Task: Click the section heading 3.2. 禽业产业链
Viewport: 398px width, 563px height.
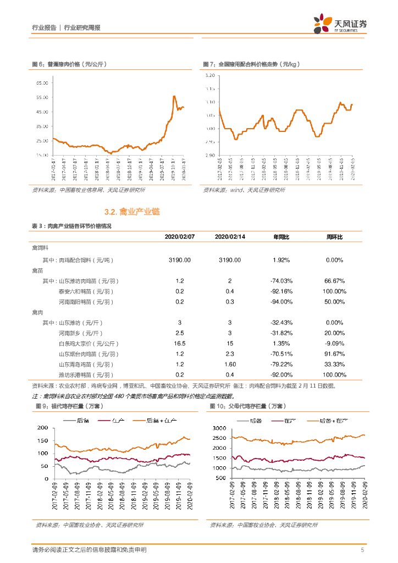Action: (x=132, y=212)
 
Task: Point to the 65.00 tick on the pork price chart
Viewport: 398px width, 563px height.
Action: (x=42, y=83)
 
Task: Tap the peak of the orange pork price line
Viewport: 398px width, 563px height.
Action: (x=174, y=96)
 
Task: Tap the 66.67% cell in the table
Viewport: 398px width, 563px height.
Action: (x=334, y=280)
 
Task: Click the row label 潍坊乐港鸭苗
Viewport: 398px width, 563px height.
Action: (x=86, y=374)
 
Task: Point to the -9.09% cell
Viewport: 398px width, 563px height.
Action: (x=334, y=343)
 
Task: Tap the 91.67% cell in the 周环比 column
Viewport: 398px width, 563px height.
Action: (x=334, y=354)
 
